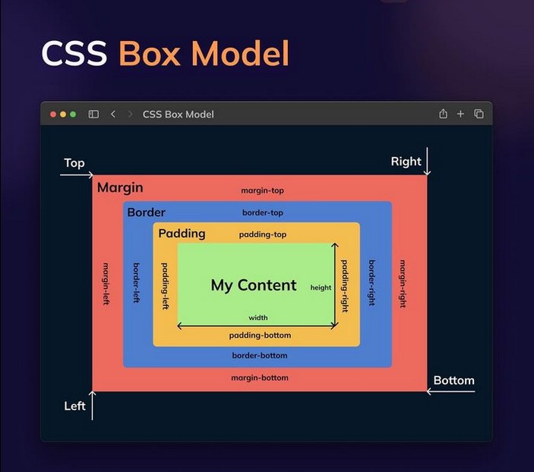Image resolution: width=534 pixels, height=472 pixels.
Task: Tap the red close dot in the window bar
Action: (x=53, y=114)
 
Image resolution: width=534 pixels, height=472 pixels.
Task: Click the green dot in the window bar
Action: (x=73, y=114)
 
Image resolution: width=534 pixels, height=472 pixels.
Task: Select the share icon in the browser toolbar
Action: (x=443, y=114)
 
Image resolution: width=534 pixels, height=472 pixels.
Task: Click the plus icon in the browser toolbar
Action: (x=460, y=114)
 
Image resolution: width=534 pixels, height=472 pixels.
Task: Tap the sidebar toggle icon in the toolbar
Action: (x=93, y=114)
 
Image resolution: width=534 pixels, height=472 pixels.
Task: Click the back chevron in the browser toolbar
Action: (x=113, y=114)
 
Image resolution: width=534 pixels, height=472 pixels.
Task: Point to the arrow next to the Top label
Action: (x=76, y=175)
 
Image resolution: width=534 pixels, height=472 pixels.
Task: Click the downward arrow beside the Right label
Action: (x=428, y=162)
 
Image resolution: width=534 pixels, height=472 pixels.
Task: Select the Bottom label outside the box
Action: (x=453, y=380)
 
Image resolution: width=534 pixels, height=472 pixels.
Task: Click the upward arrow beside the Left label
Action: (x=93, y=405)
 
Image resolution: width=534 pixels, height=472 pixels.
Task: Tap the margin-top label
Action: (x=262, y=190)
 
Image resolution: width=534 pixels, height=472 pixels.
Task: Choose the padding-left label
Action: (x=163, y=285)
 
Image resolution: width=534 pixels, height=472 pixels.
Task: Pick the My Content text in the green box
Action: (x=254, y=285)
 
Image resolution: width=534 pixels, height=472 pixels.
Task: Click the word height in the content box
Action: (x=321, y=288)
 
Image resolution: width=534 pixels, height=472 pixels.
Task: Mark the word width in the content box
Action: (x=258, y=318)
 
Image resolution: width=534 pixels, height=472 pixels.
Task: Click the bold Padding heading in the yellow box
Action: (x=182, y=234)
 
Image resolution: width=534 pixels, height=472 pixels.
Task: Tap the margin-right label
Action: (x=403, y=283)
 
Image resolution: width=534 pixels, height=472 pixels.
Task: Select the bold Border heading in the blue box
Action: (x=146, y=212)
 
